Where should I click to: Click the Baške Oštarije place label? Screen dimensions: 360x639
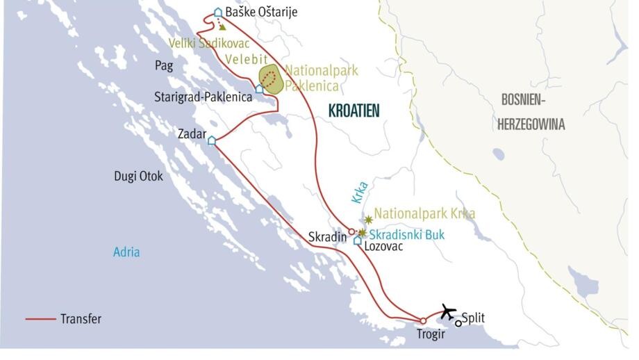click(261, 12)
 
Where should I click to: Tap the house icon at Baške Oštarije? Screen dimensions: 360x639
click(218, 12)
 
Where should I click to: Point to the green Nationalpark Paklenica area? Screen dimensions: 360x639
click(271, 79)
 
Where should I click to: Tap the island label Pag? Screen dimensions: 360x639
click(163, 66)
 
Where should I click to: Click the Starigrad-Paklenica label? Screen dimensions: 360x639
click(203, 97)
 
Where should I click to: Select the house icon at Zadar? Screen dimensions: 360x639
click(212, 140)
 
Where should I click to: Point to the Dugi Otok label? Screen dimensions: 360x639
click(139, 177)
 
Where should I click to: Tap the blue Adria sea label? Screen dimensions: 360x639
click(126, 252)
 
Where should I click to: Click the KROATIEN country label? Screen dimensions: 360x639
click(355, 111)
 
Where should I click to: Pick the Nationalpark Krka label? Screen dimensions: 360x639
click(424, 213)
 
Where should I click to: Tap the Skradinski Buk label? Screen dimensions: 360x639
click(407, 234)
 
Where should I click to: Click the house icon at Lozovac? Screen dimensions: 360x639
click(358, 240)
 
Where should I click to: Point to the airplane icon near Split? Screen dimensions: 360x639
click(448, 311)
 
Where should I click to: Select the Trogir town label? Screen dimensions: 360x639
click(431, 335)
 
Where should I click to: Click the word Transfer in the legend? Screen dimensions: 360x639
click(81, 319)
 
